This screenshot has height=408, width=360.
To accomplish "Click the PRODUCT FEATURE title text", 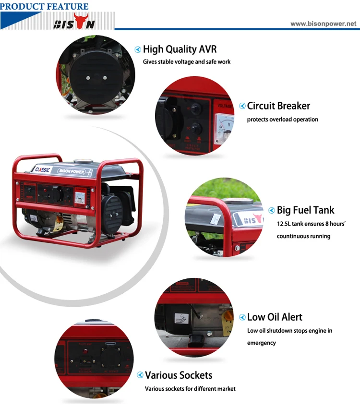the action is [45, 6].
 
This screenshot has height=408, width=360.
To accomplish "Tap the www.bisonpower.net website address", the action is [324, 23].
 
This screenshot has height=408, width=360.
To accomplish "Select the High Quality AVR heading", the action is [180, 49].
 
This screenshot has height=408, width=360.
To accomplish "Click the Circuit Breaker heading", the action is [278, 106].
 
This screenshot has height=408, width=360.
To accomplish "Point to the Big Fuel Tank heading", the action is [305, 210].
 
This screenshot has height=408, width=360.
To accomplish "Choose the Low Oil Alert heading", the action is [275, 317].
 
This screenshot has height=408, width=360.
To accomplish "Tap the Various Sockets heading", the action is [179, 375].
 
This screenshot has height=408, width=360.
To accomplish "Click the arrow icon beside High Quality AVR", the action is [138, 49].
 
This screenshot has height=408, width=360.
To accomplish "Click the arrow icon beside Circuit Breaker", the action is [242, 106].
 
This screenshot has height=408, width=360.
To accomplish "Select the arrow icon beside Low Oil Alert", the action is [242, 317].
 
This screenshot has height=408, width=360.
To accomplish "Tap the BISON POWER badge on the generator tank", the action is [71, 171].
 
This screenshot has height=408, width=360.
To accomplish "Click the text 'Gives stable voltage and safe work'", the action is [187, 62].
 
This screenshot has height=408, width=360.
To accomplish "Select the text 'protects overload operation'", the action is [282, 120].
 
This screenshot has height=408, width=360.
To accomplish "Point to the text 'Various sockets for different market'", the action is [190, 389].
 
